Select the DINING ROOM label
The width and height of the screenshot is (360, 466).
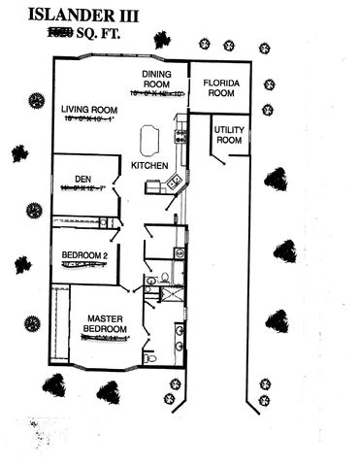pos(156,79)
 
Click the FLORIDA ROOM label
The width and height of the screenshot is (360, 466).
pos(219,89)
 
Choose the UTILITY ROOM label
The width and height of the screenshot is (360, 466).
pos(228,134)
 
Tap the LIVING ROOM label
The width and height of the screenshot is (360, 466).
pos(89,109)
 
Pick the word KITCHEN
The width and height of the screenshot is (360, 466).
pos(149,166)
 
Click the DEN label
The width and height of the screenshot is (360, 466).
pos(82,178)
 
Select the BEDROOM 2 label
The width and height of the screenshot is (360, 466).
pos(83,255)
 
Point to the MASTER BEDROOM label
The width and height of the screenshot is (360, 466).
pos(104,323)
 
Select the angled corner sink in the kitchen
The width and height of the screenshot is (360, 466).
pos(174,181)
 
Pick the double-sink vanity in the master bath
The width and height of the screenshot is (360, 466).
pos(180,336)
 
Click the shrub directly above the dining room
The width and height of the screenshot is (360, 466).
pos(161,40)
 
